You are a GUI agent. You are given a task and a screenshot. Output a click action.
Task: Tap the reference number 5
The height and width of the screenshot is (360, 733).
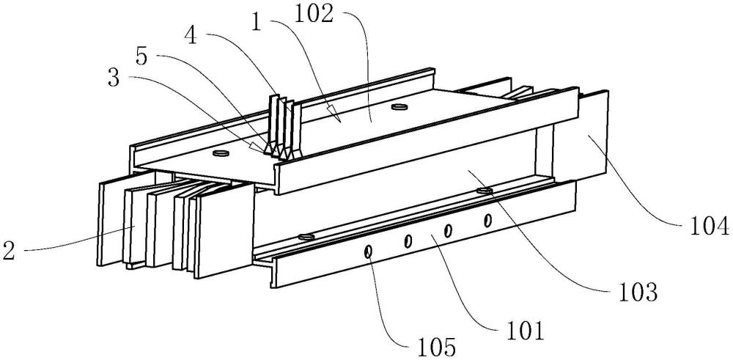[144, 55]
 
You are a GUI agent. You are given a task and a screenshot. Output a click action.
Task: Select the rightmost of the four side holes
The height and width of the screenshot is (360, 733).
[487, 219]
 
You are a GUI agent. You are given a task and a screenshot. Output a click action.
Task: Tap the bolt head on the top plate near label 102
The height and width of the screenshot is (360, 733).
[399, 108]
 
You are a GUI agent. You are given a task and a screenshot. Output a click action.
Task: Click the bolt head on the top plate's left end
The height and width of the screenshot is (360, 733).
[220, 154]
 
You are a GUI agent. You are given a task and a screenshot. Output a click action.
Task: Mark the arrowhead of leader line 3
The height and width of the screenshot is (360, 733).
[257, 149]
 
